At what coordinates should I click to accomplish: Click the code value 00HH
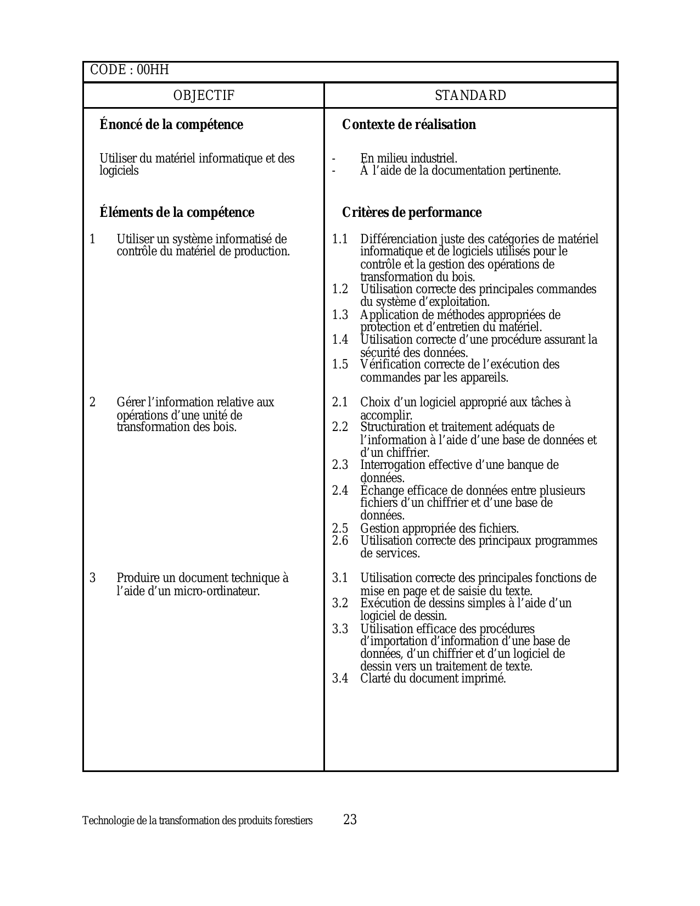pos(153,70)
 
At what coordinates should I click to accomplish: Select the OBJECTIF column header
pos(204,96)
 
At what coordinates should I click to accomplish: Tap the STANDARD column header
pos(471,96)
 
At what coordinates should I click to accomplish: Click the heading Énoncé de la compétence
pos(171,125)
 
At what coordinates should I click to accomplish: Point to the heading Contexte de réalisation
pos(409,125)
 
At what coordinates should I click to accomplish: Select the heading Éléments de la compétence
pos(177,212)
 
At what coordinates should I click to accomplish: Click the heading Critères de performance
pos(412,212)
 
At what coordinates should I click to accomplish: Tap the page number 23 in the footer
pos(350,820)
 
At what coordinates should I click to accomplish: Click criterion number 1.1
pos(340,239)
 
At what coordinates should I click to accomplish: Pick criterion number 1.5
pos(340,365)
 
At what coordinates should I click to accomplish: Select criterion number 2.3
pos(340,465)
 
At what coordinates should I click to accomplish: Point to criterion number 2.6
pos(340,541)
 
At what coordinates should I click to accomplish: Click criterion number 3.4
pos(340,679)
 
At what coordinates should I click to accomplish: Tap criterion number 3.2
pos(340,603)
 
